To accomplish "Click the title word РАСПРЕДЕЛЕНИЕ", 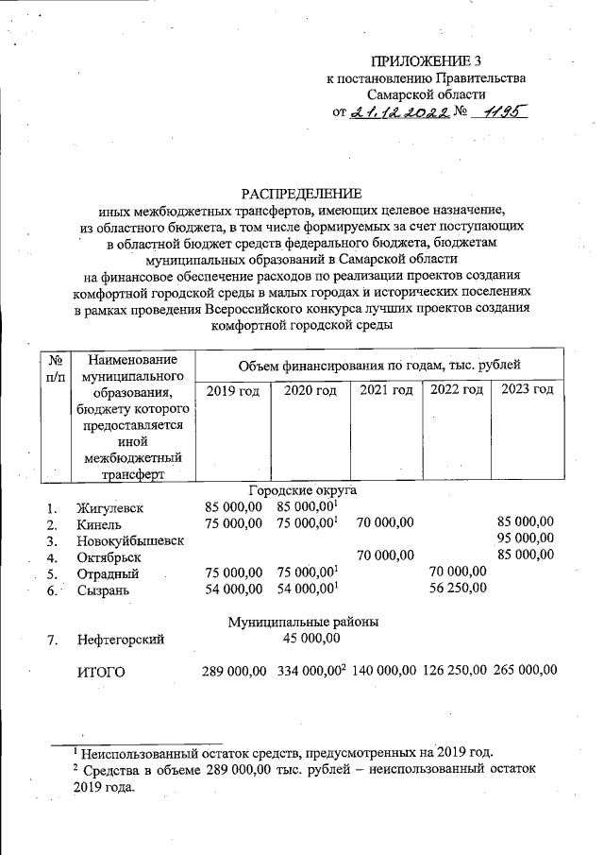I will point(301,193).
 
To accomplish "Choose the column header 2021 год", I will point(385,390).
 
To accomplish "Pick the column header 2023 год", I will point(528,389).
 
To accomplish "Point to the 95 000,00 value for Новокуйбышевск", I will point(526,539).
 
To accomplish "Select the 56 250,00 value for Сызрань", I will point(457,589).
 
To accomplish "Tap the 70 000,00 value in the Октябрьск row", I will point(385,556).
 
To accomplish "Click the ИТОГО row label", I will point(99,672).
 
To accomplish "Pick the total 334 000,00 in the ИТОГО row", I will point(310,671).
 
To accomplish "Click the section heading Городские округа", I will point(302,490).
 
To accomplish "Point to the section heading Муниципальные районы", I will point(302,623).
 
